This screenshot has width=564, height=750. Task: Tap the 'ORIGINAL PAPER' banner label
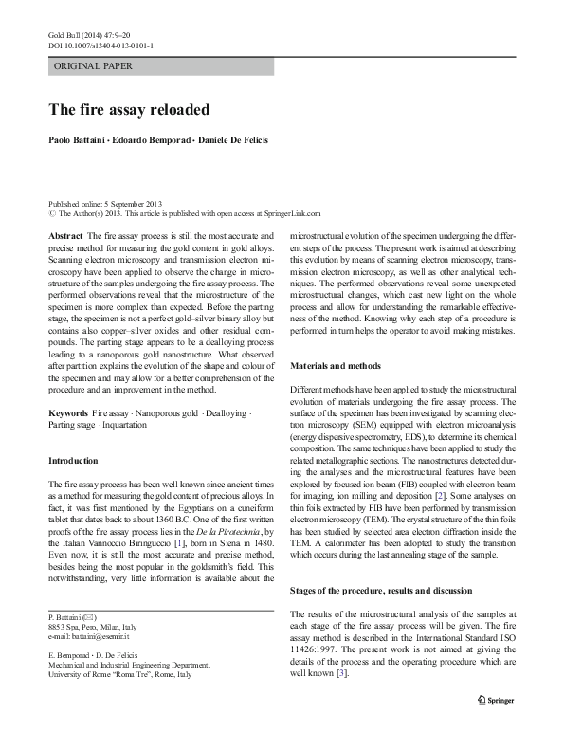pyautogui.click(x=93, y=66)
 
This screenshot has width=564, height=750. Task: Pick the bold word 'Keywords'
pyautogui.click(x=68, y=415)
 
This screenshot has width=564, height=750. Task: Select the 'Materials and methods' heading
pyautogui.click(x=336, y=365)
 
